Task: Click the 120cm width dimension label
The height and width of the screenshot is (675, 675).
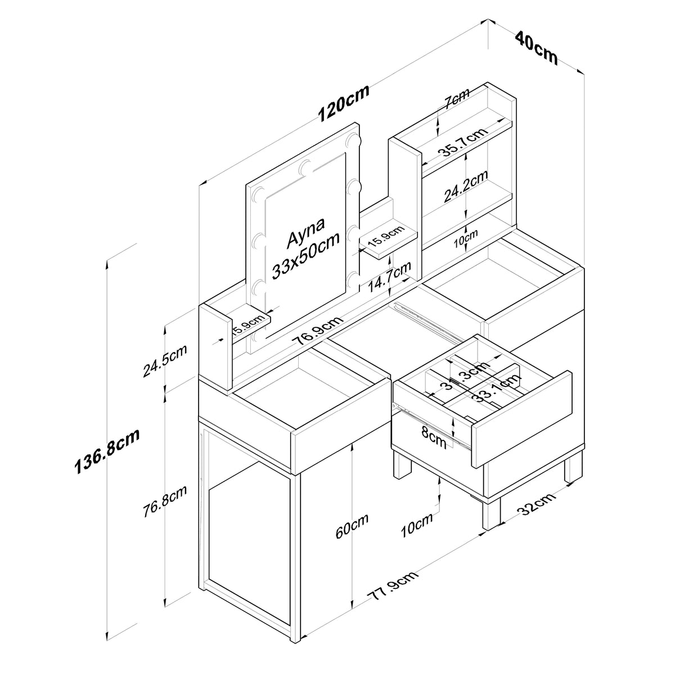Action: pos(343,103)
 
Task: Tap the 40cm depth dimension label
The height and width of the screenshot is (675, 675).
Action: pos(536,48)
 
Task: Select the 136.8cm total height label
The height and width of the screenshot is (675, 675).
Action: pos(107,452)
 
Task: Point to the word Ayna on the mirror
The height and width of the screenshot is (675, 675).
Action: pos(306,232)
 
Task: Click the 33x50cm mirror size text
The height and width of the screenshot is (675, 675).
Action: pos(306,256)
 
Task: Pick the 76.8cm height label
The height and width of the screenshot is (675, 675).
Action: pos(165,501)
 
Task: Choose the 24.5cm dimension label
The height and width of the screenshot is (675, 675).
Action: pos(165,361)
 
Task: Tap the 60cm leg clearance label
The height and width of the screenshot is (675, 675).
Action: pos(352,525)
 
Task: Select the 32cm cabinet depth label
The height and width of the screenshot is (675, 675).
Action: pos(536,504)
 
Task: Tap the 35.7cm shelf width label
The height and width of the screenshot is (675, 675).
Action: pos(463,142)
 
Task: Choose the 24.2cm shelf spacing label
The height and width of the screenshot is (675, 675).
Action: pos(466,186)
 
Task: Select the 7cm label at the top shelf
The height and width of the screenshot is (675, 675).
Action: pos(457,98)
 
